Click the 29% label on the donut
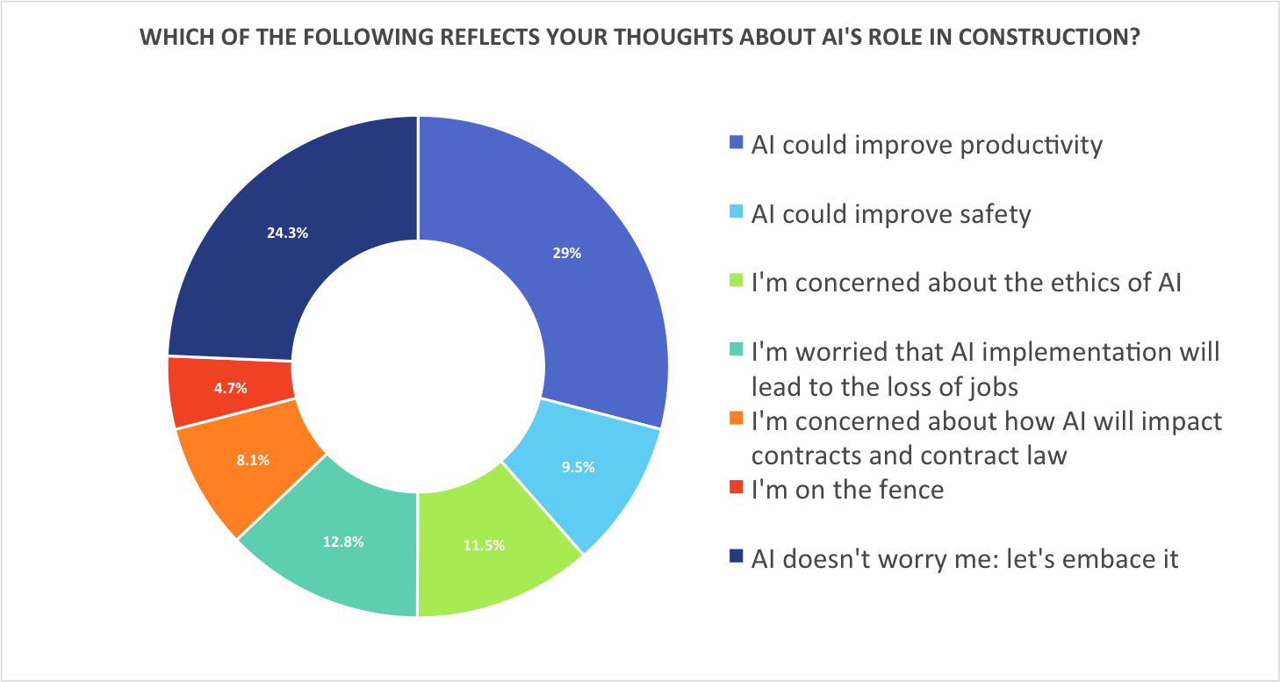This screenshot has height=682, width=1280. pyautogui.click(x=567, y=253)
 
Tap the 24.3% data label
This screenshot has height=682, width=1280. pyautogui.click(x=287, y=233)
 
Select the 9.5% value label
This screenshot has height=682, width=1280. pyautogui.click(x=578, y=467)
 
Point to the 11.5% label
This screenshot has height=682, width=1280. pyautogui.click(x=484, y=545)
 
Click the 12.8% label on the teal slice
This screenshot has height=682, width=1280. pyautogui.click(x=343, y=542)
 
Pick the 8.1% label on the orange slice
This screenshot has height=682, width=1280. pyautogui.click(x=252, y=459)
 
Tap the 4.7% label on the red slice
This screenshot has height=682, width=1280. pyautogui.click(x=229, y=386)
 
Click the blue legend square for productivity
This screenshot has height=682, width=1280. pyautogui.click(x=737, y=142)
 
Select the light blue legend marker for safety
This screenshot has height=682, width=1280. pyautogui.click(x=737, y=212)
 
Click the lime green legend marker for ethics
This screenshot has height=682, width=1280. pyautogui.click(x=737, y=282)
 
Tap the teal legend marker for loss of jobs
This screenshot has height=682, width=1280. pyautogui.click(x=737, y=351)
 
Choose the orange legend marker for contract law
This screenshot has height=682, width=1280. pyautogui.click(x=737, y=420)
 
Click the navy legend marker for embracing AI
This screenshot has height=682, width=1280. pyautogui.click(x=737, y=556)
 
